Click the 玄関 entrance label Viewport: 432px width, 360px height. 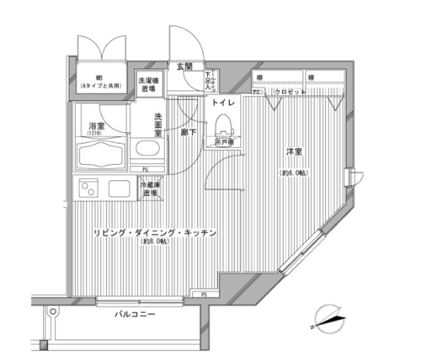tap(184, 66)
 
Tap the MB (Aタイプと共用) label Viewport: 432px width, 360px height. tap(99, 82)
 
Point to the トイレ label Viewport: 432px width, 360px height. tap(223, 103)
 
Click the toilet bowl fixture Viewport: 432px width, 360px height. tap(223, 126)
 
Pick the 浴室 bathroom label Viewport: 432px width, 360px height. tap(97, 126)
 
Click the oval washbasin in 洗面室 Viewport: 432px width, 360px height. tap(145, 150)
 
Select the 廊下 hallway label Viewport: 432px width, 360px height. tap(188, 132)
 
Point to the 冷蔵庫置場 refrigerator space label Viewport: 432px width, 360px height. tap(149, 188)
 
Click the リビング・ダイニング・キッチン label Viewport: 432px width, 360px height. tap(155, 233)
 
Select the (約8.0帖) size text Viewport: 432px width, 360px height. tap(155, 242)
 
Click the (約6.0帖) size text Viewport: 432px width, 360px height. tap(294, 174)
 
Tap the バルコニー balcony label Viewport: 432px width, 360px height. tap(134, 315)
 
